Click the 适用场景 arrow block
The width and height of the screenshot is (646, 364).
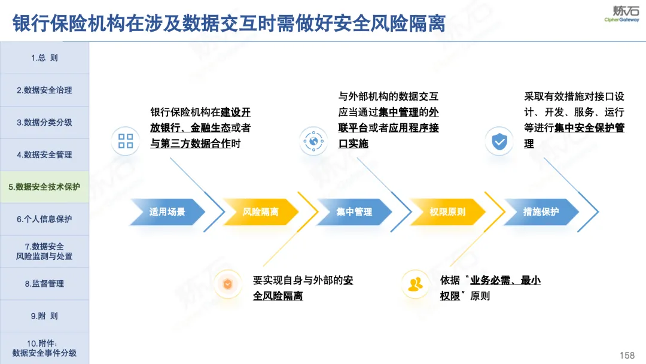coord(167,212)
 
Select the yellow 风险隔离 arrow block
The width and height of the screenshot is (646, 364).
coord(260,212)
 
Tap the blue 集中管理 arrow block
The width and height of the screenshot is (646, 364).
coord(354,212)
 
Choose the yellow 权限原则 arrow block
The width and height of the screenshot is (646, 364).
coord(447,212)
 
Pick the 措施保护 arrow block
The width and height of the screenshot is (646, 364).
coord(541,212)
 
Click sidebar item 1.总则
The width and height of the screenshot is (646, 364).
coord(44,58)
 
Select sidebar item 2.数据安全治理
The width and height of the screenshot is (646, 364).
coord(44,90)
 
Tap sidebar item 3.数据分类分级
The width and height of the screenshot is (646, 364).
coord(44,123)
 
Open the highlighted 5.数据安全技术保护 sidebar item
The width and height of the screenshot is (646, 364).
coord(44,187)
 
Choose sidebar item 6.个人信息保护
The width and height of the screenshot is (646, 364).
coord(44,219)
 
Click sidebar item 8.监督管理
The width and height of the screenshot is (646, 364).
coord(44,284)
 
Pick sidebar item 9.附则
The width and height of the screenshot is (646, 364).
coord(44,316)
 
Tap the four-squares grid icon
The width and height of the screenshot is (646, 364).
coord(126,141)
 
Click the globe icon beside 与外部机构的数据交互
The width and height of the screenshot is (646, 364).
coord(313,141)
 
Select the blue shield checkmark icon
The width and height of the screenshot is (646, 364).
coord(499,141)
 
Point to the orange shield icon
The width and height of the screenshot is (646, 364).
coord(227,284)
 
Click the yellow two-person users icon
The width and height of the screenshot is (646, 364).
coord(415,284)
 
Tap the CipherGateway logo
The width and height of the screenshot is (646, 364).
coord(622,14)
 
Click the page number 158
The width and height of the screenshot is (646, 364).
coord(627,356)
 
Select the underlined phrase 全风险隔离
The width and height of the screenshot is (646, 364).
coord(278,296)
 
